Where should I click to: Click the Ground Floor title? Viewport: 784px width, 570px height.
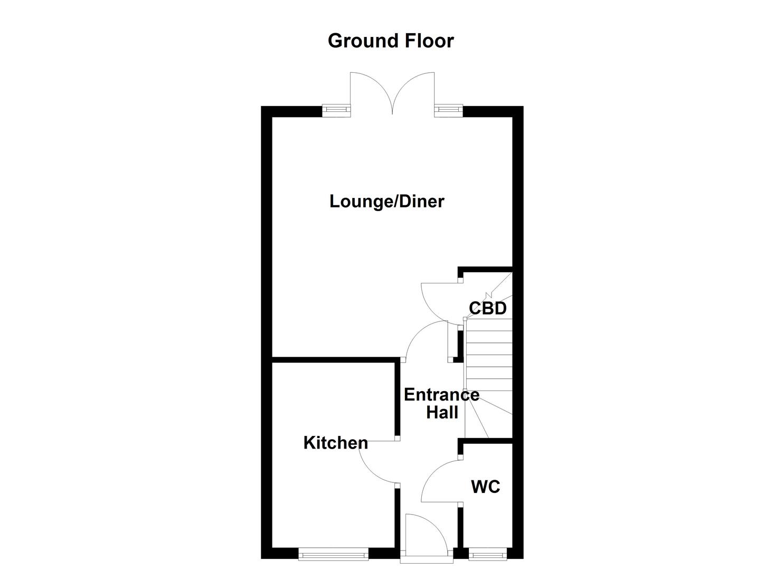(391, 41)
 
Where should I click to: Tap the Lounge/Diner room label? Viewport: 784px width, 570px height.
(387, 201)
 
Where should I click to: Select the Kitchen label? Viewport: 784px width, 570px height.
(335, 442)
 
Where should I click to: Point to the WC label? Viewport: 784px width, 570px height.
(485, 486)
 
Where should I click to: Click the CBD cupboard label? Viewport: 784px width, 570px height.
(488, 308)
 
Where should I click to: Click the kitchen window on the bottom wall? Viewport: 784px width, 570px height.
(333, 554)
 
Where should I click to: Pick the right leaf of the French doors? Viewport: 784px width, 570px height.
(414, 90)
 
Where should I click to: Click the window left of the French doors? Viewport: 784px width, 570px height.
(336, 110)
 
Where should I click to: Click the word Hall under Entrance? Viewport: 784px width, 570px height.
(442, 412)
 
